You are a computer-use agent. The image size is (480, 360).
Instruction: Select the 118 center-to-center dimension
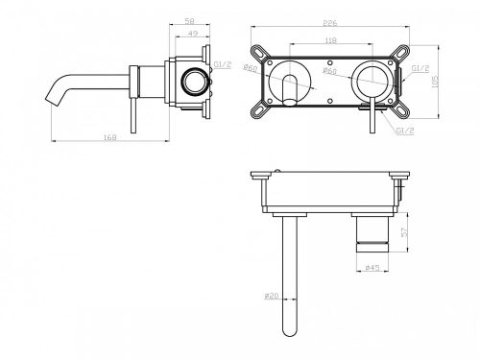click(x=331, y=42)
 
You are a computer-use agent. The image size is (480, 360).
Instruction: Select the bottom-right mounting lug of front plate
click(x=405, y=115)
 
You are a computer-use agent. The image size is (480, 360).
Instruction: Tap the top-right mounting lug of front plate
click(x=405, y=50)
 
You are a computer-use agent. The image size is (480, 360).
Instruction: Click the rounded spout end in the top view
click(x=288, y=332)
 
